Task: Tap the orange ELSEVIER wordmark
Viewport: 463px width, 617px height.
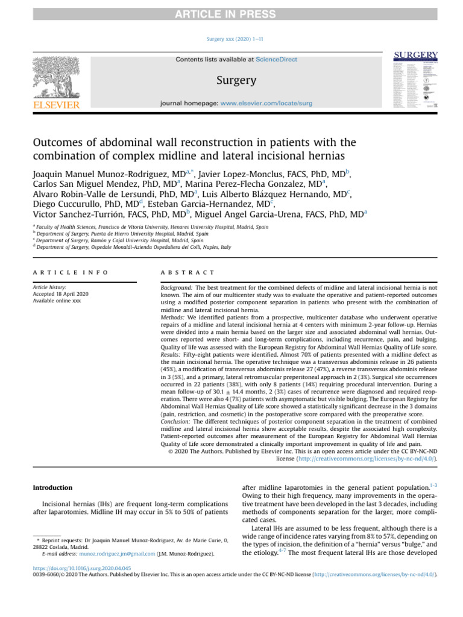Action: (x=55, y=105)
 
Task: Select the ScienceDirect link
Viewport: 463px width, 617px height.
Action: (x=276, y=60)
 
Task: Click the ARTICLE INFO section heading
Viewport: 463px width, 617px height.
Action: (x=71, y=272)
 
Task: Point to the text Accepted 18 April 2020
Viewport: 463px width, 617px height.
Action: (x=69, y=295)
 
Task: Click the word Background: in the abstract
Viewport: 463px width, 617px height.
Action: (x=175, y=289)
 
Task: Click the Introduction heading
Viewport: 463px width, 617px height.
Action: (x=52, y=487)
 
